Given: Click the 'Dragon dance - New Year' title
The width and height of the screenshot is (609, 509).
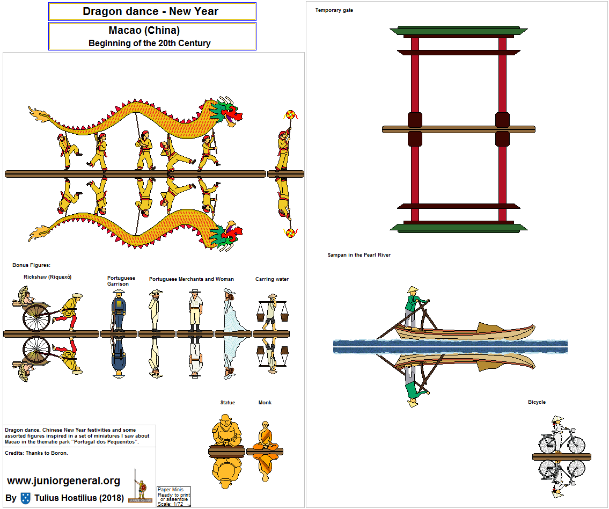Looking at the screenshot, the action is pyautogui.click(x=150, y=11).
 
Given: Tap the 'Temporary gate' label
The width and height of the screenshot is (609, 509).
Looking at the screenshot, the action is pyautogui.click(x=334, y=10).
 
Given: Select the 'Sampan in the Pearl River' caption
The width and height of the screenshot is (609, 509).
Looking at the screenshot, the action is pyautogui.click(x=359, y=255).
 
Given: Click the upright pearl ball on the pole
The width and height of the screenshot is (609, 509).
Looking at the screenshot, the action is pyautogui.click(x=290, y=115).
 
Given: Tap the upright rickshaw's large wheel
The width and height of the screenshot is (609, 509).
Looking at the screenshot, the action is pyautogui.click(x=36, y=317).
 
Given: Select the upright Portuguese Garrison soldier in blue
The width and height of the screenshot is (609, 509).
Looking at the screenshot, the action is pyautogui.click(x=118, y=310).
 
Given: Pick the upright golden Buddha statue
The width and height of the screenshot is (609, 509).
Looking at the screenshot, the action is pyautogui.click(x=226, y=430).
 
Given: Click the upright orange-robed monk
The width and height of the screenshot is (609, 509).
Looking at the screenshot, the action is pyautogui.click(x=265, y=435).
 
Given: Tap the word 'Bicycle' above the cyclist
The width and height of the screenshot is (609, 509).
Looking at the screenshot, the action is pyautogui.click(x=537, y=402).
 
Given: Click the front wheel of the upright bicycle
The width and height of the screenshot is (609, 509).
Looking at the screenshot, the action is pyautogui.click(x=575, y=444).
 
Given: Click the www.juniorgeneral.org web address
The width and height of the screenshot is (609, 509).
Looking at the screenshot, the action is pyautogui.click(x=64, y=481).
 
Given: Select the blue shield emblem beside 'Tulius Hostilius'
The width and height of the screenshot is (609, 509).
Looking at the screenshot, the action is pyautogui.click(x=26, y=498).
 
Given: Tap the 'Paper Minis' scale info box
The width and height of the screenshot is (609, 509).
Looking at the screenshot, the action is pyautogui.click(x=174, y=497).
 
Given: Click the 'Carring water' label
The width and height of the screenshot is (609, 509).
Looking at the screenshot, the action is pyautogui.click(x=272, y=279).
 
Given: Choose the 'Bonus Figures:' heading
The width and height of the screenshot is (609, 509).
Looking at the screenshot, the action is pyautogui.click(x=31, y=265).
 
